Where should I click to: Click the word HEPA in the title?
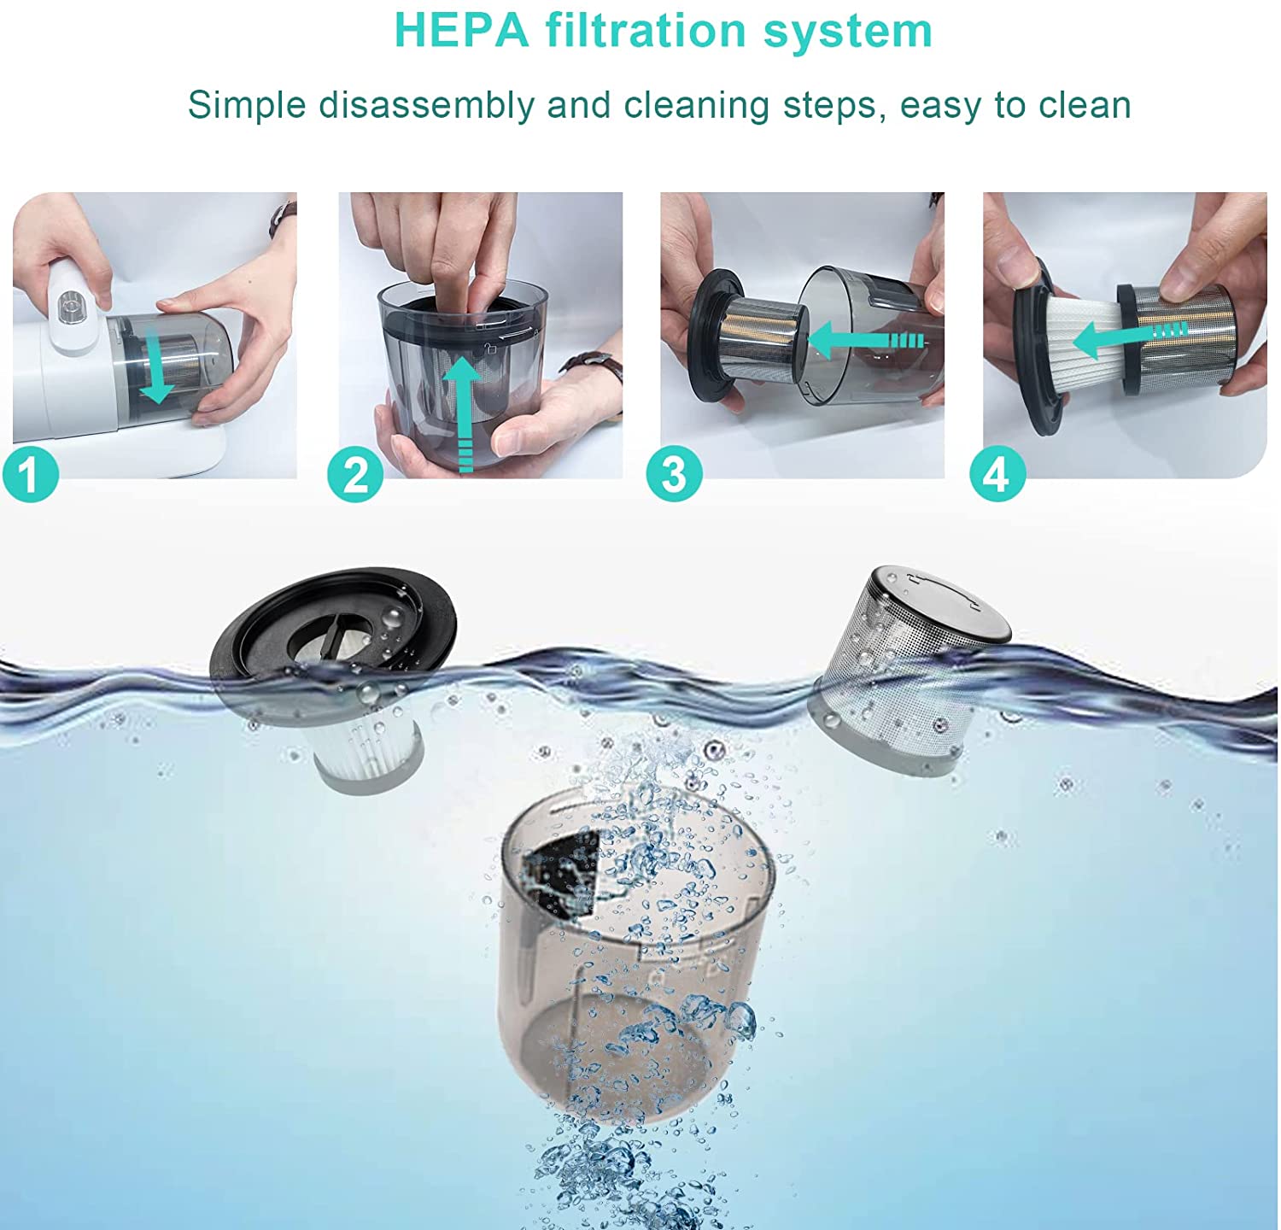click(461, 31)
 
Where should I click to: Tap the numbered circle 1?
click(31, 475)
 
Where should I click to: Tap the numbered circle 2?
click(355, 475)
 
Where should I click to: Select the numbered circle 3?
click(674, 475)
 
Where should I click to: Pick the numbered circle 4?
click(997, 475)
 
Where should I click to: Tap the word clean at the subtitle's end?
click(1085, 106)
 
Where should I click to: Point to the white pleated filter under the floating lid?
click(366, 747)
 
